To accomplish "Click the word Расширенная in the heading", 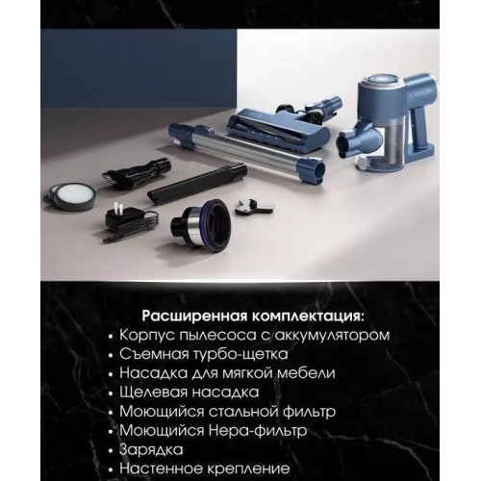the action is [x=195, y=316].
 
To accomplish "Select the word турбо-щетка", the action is [x=240, y=354].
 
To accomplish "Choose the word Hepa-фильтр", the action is [x=258, y=430].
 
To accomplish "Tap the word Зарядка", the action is [x=151, y=449].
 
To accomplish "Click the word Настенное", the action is [x=161, y=468].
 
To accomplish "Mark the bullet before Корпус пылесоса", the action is [x=111, y=337].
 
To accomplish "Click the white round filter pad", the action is [x=74, y=194].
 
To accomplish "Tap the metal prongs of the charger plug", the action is [x=118, y=208].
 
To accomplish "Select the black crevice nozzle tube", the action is [x=196, y=183].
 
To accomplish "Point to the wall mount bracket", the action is [x=253, y=206].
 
